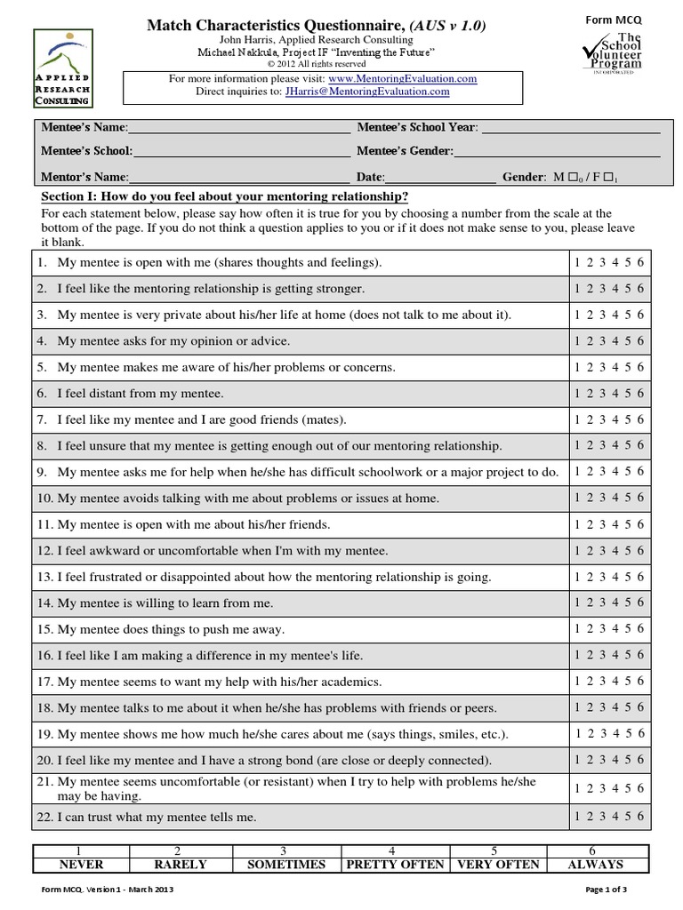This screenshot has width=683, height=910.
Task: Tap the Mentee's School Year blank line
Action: point(569,128)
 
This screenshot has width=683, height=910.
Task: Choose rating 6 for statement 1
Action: point(640,263)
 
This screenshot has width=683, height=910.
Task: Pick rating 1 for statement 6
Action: point(578,394)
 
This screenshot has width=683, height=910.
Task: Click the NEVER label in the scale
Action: point(81,865)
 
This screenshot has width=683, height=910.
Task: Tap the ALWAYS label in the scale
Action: point(595,865)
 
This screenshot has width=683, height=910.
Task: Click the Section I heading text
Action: point(225,196)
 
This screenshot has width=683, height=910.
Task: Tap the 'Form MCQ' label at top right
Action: point(611,20)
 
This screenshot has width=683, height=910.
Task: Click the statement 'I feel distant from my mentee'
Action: point(141,394)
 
